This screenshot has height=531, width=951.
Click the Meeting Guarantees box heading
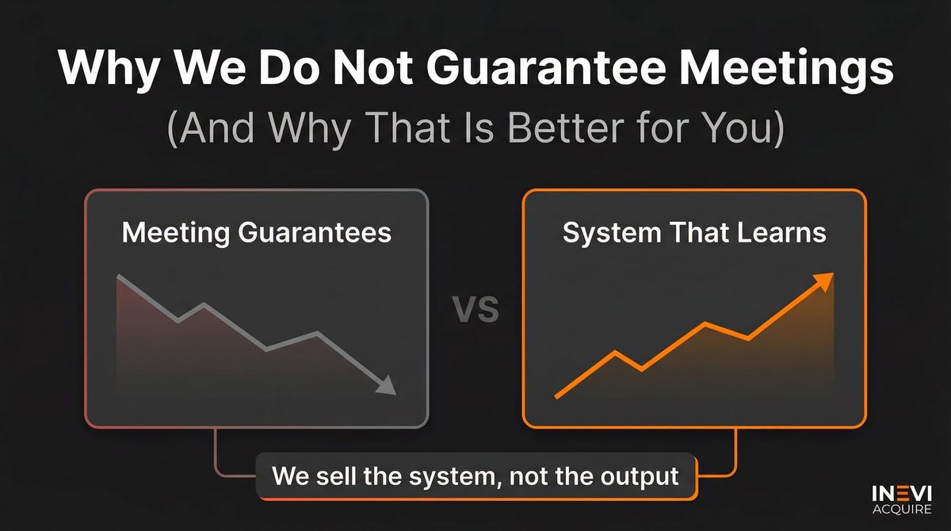[x=256, y=232]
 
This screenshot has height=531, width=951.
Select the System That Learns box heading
[x=694, y=232]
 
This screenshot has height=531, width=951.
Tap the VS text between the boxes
[x=475, y=309]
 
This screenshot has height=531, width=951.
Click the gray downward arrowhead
[x=386, y=385]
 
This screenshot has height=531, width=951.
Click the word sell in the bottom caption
[x=341, y=476]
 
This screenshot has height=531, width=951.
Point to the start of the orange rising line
[x=557, y=395]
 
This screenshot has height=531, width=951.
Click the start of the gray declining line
[x=118, y=277]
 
